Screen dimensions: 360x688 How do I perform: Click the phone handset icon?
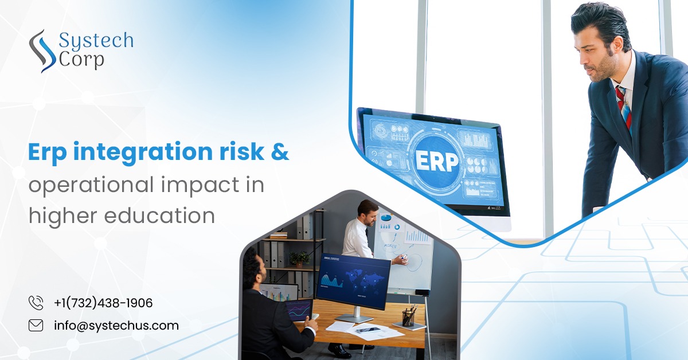[x=36, y=303]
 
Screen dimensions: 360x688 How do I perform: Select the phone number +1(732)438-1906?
[x=103, y=303]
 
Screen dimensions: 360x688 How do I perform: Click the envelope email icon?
[x=36, y=326]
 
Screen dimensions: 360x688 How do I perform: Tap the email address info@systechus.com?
[x=116, y=326]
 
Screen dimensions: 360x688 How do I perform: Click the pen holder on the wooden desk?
[x=409, y=317]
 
